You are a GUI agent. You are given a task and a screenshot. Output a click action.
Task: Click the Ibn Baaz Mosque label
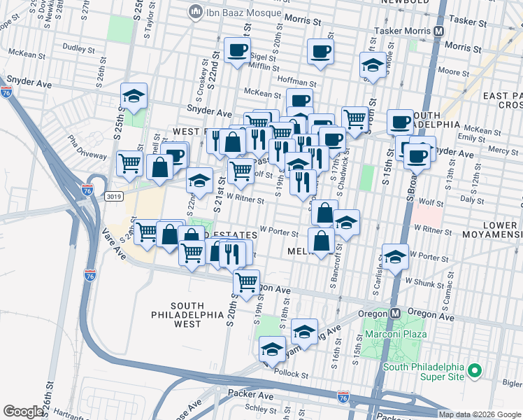tap(237, 12)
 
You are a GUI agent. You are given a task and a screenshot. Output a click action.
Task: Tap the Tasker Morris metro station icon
tap(439, 31)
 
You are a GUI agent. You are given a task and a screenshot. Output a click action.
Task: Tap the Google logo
tap(23, 412)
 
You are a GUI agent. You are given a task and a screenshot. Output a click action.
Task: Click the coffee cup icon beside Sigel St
tap(237, 50)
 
